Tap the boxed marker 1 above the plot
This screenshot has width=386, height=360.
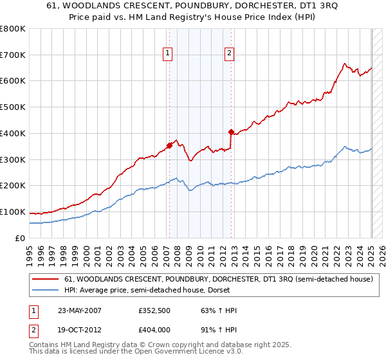pyautogui.click(x=167, y=54)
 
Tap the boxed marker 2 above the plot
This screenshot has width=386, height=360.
pyautogui.click(x=229, y=54)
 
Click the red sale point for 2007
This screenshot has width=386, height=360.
pyautogui.click(x=169, y=145)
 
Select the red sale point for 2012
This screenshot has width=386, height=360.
pyautogui.click(x=230, y=132)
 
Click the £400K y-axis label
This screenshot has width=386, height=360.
pyautogui.click(x=13, y=133)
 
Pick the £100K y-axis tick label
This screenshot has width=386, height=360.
pyautogui.click(x=13, y=212)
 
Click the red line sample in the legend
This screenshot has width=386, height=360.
pyautogui.click(x=44, y=280)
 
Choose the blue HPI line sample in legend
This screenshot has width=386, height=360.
pyautogui.click(x=44, y=290)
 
